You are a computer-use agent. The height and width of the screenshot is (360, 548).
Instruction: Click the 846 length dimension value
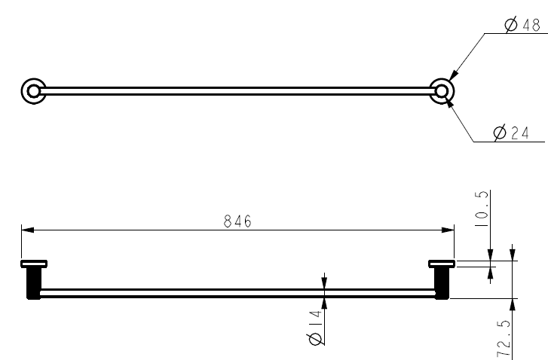[x=237, y=221]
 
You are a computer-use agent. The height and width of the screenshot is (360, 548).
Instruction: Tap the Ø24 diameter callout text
[x=510, y=133]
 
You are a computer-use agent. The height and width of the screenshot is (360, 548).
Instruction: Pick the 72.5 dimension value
[x=505, y=337]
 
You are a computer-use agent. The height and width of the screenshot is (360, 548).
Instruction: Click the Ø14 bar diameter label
[x=316, y=329]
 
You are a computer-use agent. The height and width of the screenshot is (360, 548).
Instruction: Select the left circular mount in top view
[x=32, y=92]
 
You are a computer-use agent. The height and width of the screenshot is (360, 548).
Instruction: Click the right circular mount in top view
[x=442, y=92]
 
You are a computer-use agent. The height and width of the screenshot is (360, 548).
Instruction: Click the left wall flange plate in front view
[x=34, y=264]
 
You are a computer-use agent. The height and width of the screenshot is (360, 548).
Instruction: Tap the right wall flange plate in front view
[x=442, y=264]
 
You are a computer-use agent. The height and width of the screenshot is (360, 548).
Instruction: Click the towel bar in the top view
[x=237, y=92]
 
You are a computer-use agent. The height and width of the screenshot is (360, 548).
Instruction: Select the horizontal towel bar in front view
[x=237, y=293]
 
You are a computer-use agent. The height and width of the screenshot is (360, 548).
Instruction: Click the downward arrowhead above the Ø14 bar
[x=324, y=283]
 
